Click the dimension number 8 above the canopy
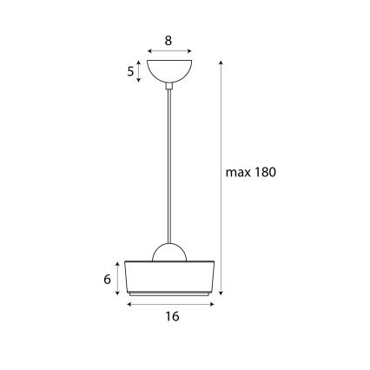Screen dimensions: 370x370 (x=169, y=40)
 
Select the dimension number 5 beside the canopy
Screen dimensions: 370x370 (x=131, y=72)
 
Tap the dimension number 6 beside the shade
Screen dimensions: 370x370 (x=107, y=279)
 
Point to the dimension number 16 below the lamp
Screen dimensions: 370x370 (x=171, y=317)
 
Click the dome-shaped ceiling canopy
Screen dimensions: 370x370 (x=169, y=70)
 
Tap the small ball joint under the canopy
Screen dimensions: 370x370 (x=169, y=85)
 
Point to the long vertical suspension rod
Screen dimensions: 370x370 (x=169, y=165)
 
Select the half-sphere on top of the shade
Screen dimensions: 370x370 (x=169, y=252)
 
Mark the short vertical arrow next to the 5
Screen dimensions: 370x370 (x=140, y=71)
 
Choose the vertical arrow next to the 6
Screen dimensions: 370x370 (x=118, y=277)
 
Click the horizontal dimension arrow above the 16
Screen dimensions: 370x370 (x=170, y=303)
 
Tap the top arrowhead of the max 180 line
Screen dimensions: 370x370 (x=221, y=63)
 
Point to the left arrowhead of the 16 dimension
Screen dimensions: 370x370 (x=129, y=303)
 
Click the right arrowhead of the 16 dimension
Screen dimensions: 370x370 (x=212, y=303)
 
